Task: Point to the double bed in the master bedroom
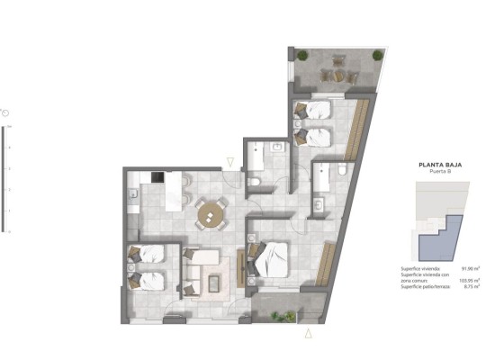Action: coord(268,258)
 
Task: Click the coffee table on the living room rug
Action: coord(217,283)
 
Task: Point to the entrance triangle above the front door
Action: coord(232,162)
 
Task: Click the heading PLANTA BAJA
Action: coord(439,165)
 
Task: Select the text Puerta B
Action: coord(439,172)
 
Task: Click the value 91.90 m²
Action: coord(469,268)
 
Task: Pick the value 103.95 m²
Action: coord(468,281)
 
